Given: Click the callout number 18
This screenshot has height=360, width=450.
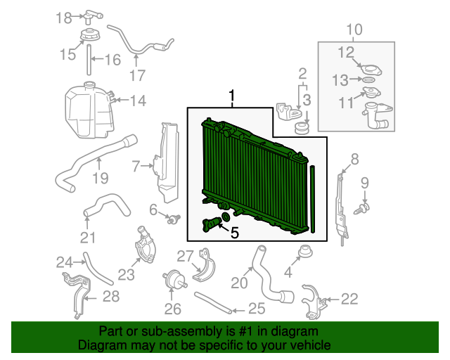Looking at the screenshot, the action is tap(63, 18).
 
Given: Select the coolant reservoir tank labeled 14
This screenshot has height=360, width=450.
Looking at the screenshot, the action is tap(89, 110).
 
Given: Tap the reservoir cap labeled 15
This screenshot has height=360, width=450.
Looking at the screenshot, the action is tap(90, 36).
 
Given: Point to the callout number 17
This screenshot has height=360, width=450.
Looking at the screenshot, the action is tap(138, 75).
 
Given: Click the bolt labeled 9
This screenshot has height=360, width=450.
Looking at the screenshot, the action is tap(362, 208).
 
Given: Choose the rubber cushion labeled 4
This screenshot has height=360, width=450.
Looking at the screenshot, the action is tap(306, 252).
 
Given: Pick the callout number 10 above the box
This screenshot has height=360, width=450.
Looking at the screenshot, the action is tap(354, 30).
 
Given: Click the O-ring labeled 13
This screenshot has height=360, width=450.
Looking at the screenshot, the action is tap(369, 79).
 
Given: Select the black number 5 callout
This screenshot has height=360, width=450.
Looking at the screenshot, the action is tap(234, 233).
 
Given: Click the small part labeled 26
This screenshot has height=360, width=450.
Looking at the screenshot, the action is tap(175, 278).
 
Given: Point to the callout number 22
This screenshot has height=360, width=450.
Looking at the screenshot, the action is tap(349, 299).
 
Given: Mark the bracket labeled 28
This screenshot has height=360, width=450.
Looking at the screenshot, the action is tap(77, 296).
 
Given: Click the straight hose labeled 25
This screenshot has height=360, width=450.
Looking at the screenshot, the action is tap(213, 303).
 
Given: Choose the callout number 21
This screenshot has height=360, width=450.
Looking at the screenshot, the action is tap(88, 238).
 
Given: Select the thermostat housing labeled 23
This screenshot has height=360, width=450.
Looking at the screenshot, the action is tap(145, 245).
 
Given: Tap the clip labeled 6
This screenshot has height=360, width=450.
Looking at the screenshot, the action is tap(174, 220).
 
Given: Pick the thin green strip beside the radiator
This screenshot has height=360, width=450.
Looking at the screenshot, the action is tap(313, 199).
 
